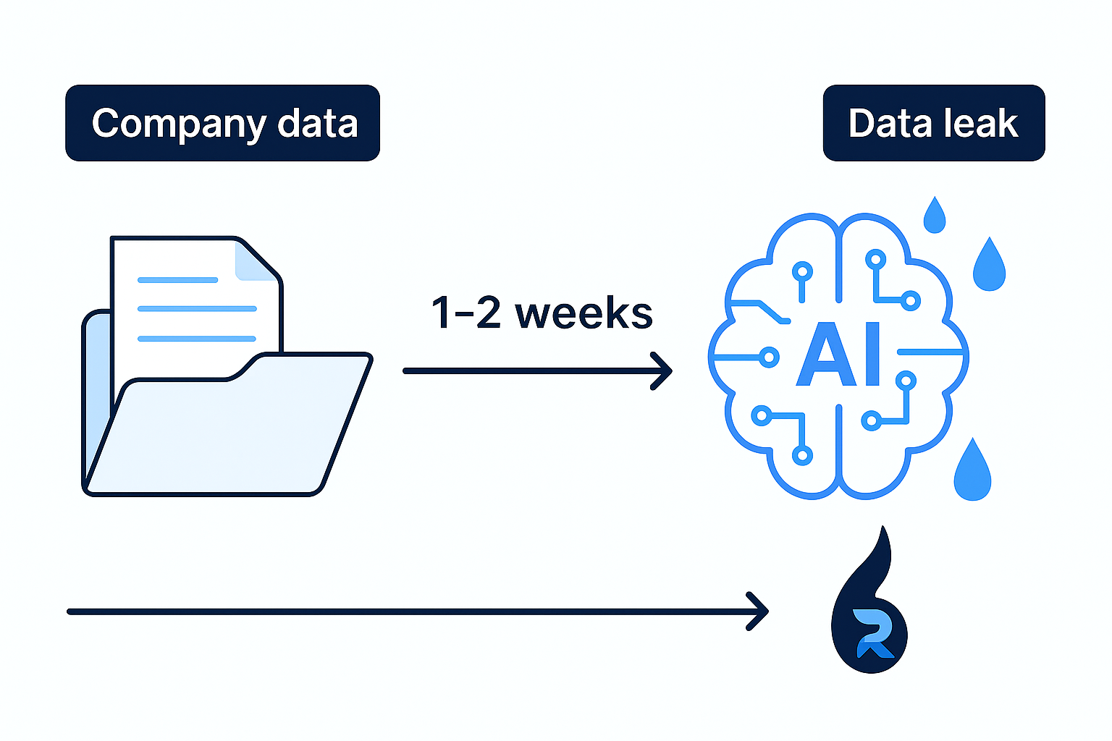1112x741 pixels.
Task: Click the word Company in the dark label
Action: point(179,124)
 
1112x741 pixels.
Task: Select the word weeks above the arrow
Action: point(584,313)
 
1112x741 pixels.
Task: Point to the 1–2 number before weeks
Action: point(466,313)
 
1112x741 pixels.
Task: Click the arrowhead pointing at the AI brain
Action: point(663,371)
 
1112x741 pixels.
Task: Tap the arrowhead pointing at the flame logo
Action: point(759,611)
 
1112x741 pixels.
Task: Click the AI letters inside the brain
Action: point(839,355)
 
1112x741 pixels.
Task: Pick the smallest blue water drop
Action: point(935,216)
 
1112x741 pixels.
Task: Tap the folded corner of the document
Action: point(255,263)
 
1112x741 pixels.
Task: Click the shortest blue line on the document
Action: point(177,279)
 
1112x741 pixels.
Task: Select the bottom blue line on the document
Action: point(197,338)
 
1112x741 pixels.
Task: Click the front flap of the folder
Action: point(224,434)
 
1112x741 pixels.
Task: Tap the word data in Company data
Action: point(318,124)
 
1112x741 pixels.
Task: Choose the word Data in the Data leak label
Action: point(889,124)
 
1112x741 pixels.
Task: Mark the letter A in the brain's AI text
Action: point(821,355)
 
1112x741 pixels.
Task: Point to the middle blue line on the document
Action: point(197,308)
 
